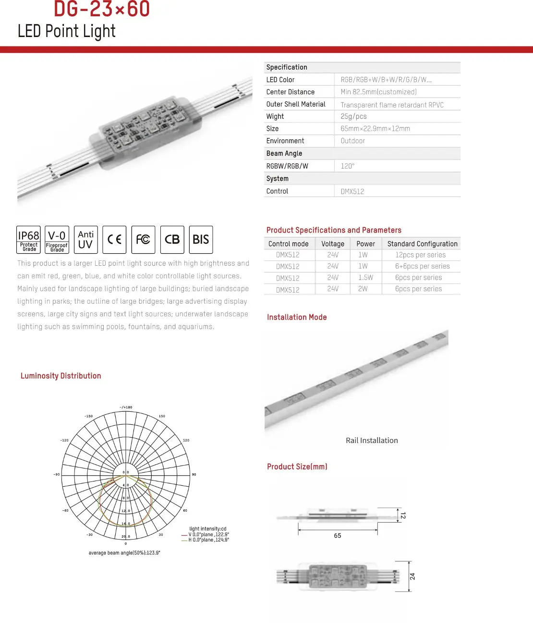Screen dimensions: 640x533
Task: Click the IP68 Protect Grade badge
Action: [x=29, y=239]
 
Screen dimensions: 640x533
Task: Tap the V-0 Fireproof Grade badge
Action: [x=57, y=239]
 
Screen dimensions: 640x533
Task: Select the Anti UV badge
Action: [x=85, y=239]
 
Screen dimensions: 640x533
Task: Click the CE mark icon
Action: [x=114, y=239]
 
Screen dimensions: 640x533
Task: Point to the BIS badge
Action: [x=201, y=239]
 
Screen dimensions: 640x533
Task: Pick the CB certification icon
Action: [x=172, y=239]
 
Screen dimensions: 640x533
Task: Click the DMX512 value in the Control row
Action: [x=352, y=191]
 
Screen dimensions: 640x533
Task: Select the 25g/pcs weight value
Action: [x=353, y=116]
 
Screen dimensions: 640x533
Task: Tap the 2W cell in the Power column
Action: [x=363, y=289]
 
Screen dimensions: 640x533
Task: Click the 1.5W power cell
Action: [x=365, y=278]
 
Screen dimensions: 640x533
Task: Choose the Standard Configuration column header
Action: [x=422, y=244]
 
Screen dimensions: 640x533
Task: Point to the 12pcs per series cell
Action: [x=420, y=255]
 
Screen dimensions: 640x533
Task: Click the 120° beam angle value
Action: [x=348, y=166]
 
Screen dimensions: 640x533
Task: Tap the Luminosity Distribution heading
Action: [x=61, y=376]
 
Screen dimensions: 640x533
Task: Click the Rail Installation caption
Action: [x=372, y=441]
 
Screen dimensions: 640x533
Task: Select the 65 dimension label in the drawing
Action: [x=338, y=536]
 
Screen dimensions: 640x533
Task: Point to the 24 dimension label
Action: [x=412, y=576]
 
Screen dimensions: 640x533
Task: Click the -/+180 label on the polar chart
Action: [x=126, y=407]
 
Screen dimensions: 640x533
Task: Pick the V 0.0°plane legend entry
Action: [x=208, y=534]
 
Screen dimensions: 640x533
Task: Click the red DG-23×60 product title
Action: [x=102, y=9]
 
